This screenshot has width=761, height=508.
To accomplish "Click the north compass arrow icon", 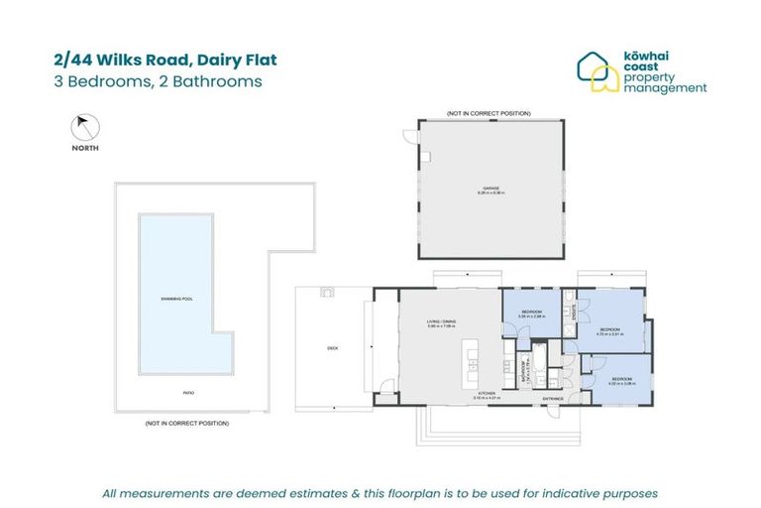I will [84, 127].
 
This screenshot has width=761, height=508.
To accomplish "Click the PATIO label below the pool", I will [187, 393].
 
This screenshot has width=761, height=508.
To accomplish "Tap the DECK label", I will [333, 348].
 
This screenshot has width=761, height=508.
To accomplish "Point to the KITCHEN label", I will [487, 394].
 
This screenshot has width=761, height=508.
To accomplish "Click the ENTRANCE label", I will [552, 399].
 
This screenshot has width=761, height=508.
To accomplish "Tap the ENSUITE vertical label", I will [575, 309].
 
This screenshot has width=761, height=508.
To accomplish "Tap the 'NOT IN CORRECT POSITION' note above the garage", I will [489, 113].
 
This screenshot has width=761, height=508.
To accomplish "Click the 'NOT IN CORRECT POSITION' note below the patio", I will [187, 424].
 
